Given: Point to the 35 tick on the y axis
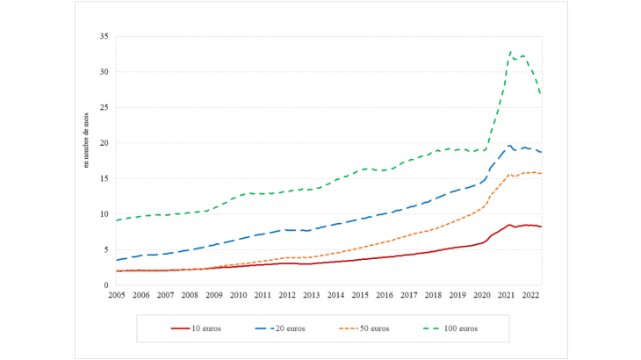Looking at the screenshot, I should [x=103, y=37].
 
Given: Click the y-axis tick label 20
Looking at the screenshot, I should [x=103, y=143].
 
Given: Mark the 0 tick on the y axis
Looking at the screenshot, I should [x=105, y=285].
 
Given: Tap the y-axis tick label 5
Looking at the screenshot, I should [x=105, y=250].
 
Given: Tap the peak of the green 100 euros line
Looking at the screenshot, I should [x=510, y=52].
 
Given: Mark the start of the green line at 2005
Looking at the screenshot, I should [x=117, y=220].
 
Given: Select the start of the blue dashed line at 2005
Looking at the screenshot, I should [x=117, y=260].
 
